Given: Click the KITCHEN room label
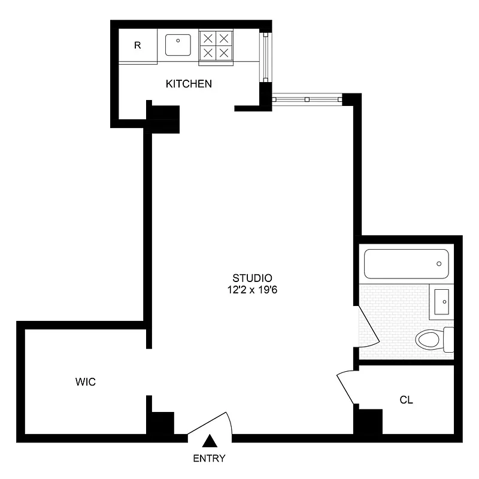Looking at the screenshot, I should pyautogui.click(x=189, y=84).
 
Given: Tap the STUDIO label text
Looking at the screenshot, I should pyautogui.click(x=252, y=278).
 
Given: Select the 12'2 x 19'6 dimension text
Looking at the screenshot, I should pyautogui.click(x=252, y=289).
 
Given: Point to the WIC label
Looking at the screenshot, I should pyautogui.click(x=86, y=381).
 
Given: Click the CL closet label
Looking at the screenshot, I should pyautogui.click(x=407, y=399).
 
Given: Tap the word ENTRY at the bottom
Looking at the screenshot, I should pyautogui.click(x=209, y=459).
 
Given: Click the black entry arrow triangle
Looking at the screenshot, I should pyautogui.click(x=209, y=442).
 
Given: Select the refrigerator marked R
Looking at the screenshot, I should pyautogui.click(x=138, y=46).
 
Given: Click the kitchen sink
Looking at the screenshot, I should pyautogui.click(x=178, y=44).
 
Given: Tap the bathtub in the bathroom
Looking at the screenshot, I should pyautogui.click(x=406, y=264).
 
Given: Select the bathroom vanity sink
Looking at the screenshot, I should pyautogui.click(x=442, y=301).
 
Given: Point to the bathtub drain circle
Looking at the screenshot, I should pyautogui.click(x=439, y=264).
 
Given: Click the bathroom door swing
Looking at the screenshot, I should pyautogui.click(x=368, y=326).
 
